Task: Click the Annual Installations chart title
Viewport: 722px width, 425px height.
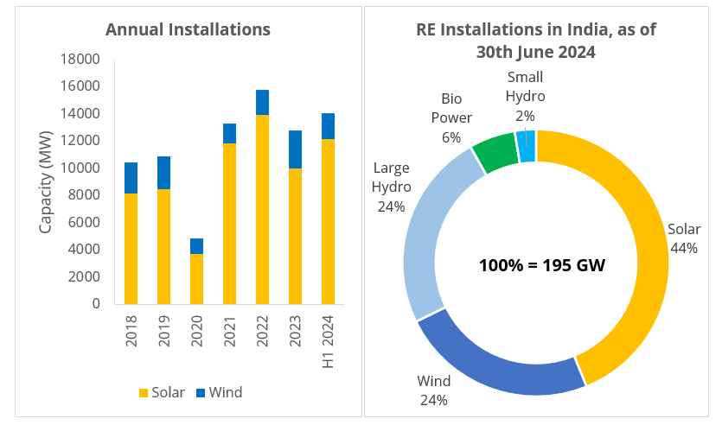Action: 188,29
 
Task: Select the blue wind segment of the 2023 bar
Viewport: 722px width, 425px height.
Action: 296,149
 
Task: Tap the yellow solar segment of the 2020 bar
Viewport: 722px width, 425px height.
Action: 196,278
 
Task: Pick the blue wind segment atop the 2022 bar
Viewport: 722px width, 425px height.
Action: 263,102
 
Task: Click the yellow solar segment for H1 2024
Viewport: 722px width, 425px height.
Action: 329,221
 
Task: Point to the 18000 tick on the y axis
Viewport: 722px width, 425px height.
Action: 83,59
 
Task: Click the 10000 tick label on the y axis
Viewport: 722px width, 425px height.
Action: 83,168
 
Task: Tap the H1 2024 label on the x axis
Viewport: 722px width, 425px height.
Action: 329,343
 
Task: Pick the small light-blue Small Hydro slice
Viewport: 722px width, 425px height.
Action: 526,145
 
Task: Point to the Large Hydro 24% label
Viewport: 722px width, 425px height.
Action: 391,187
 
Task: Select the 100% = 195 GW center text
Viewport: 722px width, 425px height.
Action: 541,264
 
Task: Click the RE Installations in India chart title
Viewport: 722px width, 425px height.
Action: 536,41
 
